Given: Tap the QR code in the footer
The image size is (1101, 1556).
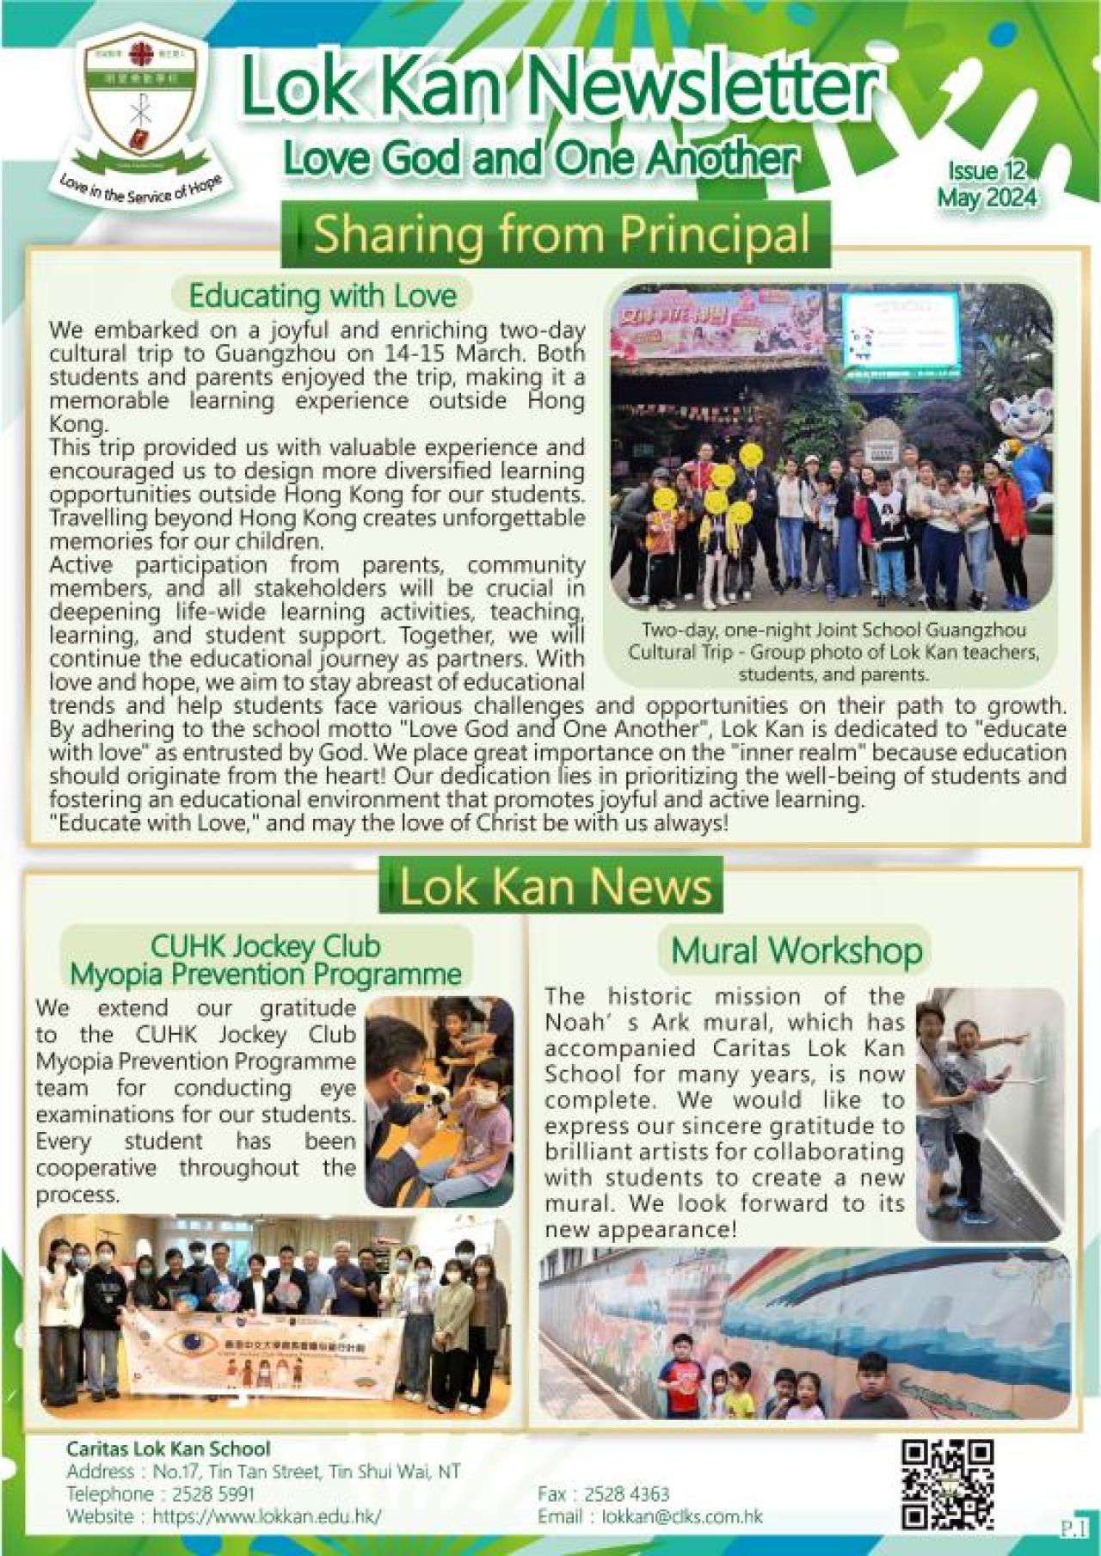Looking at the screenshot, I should (x=947, y=1484).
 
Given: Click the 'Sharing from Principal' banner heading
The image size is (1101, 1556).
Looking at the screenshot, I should (x=561, y=234).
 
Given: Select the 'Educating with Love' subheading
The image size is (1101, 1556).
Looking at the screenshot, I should (x=322, y=296).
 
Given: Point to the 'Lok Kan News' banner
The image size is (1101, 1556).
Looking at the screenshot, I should (x=555, y=888).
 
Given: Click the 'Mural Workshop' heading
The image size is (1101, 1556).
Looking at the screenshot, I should (x=796, y=950).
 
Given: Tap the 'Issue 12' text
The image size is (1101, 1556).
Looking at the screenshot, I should (x=987, y=171).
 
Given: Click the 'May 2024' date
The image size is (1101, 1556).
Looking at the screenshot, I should (x=987, y=197).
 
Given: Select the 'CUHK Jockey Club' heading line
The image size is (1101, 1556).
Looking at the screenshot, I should (x=265, y=946).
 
